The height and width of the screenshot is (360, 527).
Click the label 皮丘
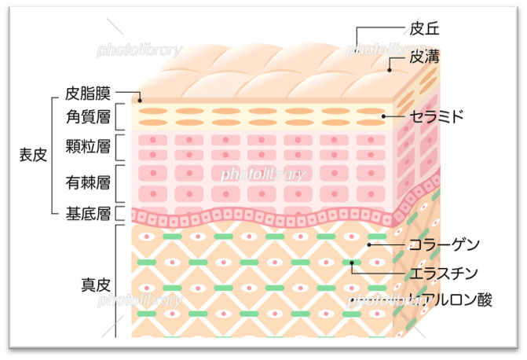(423, 28)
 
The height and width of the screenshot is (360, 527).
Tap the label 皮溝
(423, 57)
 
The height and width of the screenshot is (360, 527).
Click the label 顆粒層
(87, 147)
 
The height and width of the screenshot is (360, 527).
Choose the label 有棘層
(87, 182)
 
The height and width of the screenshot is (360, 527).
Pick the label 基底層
(87, 213)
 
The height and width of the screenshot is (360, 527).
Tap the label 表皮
(33, 154)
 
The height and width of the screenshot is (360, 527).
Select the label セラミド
(437, 117)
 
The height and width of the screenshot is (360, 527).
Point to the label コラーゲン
(444, 245)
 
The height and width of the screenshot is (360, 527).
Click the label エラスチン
(444, 273)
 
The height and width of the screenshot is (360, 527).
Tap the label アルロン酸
(449, 299)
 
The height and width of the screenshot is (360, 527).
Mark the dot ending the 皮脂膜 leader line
(140, 100)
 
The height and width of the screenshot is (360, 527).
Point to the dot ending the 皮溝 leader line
(390, 70)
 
